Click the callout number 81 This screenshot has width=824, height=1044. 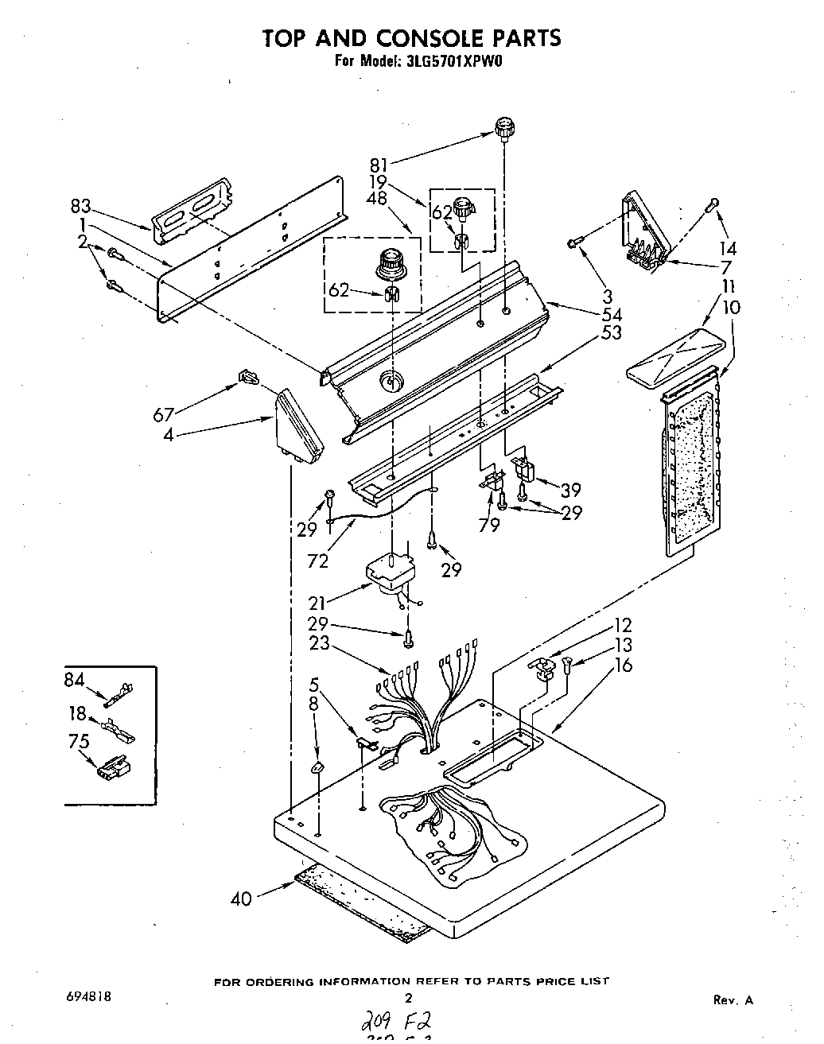(379, 166)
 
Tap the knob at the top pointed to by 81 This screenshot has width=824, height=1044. (503, 128)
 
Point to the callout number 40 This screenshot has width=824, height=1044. (241, 898)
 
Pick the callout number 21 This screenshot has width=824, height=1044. (318, 604)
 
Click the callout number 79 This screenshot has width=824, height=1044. (489, 525)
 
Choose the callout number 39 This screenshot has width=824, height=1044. (570, 490)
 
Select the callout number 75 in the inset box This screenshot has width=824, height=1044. (79, 741)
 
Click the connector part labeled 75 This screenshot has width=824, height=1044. (113, 769)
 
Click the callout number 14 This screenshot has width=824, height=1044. (727, 248)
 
